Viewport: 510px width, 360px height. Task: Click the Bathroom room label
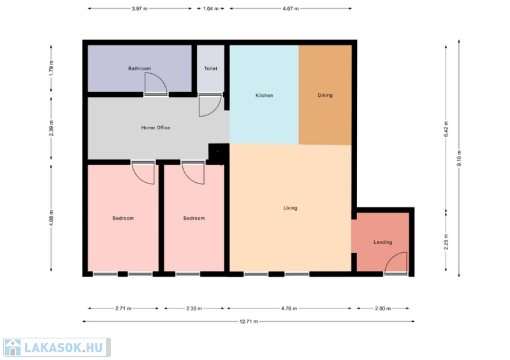pyautogui.click(x=140, y=68)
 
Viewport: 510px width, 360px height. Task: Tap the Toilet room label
pyautogui.click(x=210, y=68)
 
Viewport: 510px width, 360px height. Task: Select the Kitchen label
pyautogui.click(x=264, y=96)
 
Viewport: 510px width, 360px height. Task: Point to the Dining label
pyautogui.click(x=325, y=96)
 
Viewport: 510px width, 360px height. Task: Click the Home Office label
pyautogui.click(x=156, y=128)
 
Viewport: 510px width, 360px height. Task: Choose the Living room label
pyautogui.click(x=290, y=208)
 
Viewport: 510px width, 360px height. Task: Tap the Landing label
pyautogui.click(x=382, y=242)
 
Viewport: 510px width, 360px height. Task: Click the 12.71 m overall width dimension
pyautogui.click(x=249, y=322)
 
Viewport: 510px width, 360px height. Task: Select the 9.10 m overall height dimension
pyautogui.click(x=459, y=158)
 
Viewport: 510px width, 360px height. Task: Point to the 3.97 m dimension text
pyautogui.click(x=140, y=9)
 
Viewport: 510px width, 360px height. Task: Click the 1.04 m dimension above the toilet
pyautogui.click(x=211, y=9)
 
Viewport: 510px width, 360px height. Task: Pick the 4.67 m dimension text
pyautogui.click(x=291, y=9)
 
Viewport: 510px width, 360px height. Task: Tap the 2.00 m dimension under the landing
pyautogui.click(x=382, y=308)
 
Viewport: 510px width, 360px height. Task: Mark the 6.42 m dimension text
pyautogui.click(x=446, y=129)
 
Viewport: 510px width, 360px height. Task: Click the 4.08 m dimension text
pyautogui.click(x=51, y=218)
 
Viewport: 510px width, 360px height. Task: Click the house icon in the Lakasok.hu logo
pyautogui.click(x=13, y=347)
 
